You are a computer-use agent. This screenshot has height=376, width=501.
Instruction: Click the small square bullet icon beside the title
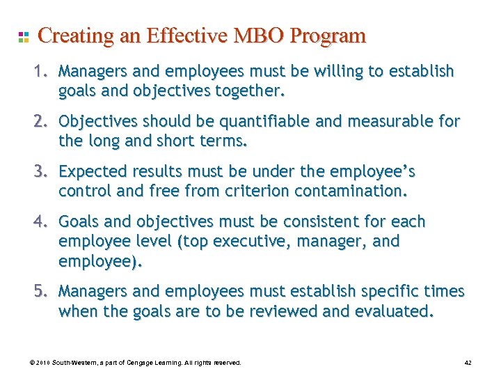(x=23, y=36)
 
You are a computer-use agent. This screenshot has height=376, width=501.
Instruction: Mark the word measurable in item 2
(x=392, y=121)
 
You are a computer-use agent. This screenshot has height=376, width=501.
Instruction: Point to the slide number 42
(x=468, y=363)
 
